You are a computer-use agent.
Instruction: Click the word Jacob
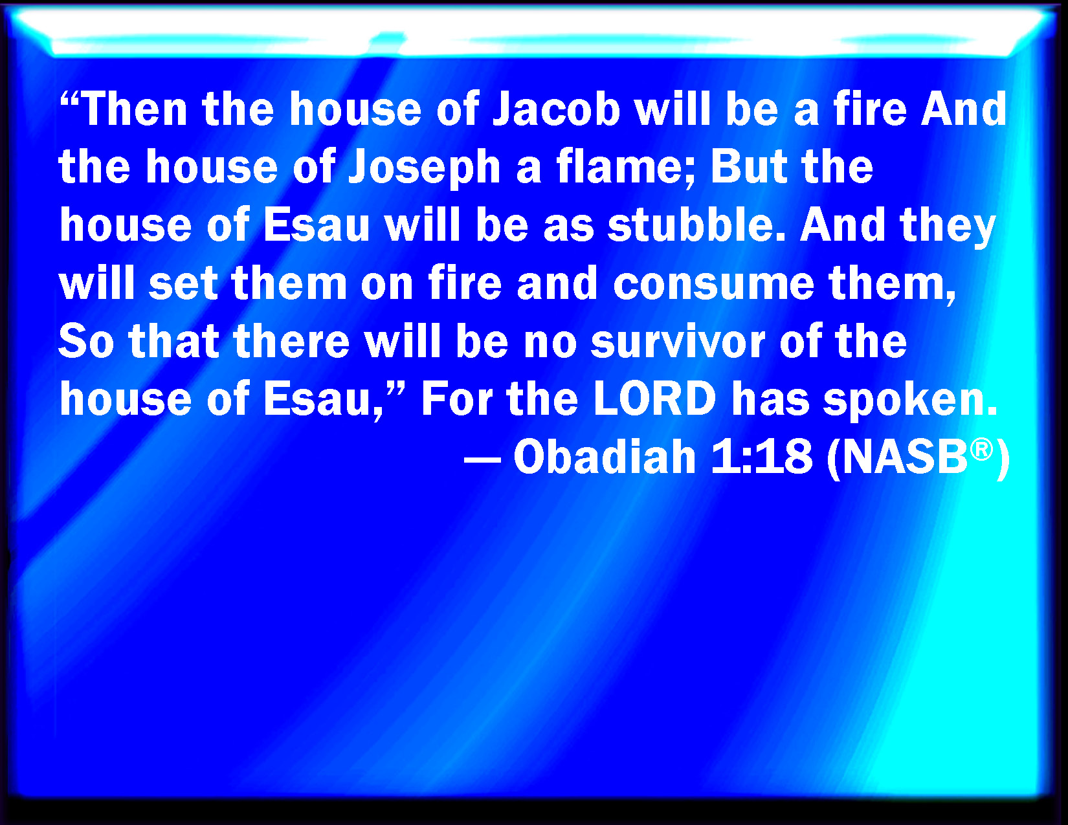pyautogui.click(x=557, y=109)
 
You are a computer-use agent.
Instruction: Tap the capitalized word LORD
pyautogui.click(x=655, y=400)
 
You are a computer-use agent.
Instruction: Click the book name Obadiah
pyautogui.click(x=605, y=457)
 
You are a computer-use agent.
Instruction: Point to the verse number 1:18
pyautogui.click(x=761, y=457)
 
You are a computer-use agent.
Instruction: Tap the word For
pyautogui.click(x=456, y=400)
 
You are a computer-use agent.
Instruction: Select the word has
pyautogui.click(x=770, y=400)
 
